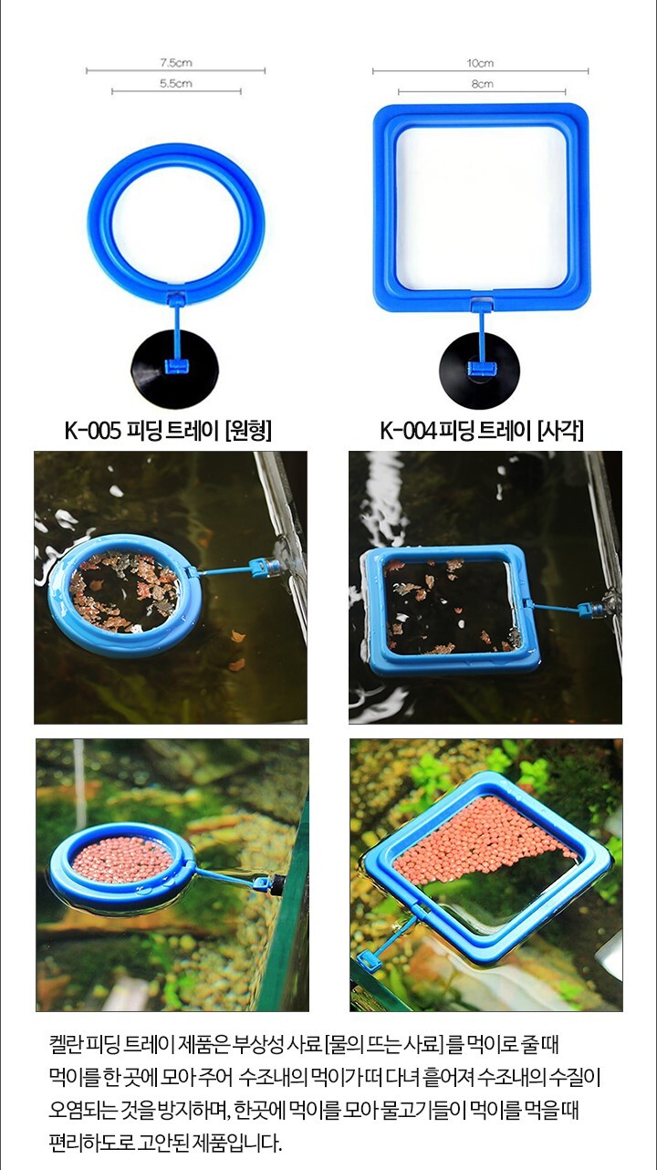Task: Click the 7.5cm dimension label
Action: coord(176,63)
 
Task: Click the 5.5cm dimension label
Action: coord(176,84)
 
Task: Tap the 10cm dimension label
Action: coord(480,63)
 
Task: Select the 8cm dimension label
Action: coord(482,84)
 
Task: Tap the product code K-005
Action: coord(93,432)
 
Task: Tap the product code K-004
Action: coord(408,432)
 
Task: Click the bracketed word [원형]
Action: coord(248,432)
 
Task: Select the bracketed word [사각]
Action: coord(560,432)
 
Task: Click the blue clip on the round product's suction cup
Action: coord(175,367)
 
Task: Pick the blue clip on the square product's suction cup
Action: coord(480,369)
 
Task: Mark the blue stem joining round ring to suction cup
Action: coord(176,331)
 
